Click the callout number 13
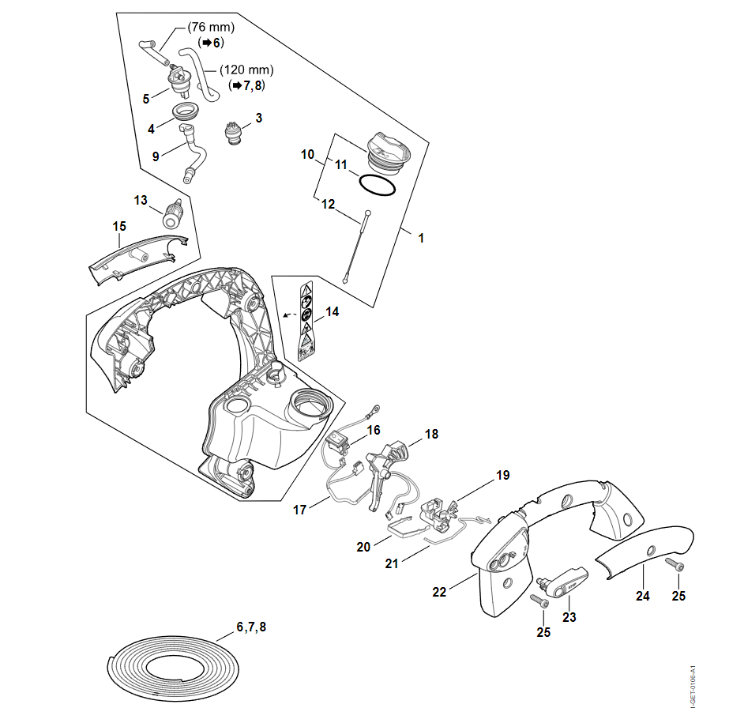coord(141,201)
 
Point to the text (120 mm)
coord(246,70)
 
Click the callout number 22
coord(441,591)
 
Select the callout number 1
coord(420,237)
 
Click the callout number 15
coord(118,227)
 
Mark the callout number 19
coord(502,476)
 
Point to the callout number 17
coord(299,510)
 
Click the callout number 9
coord(156,156)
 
